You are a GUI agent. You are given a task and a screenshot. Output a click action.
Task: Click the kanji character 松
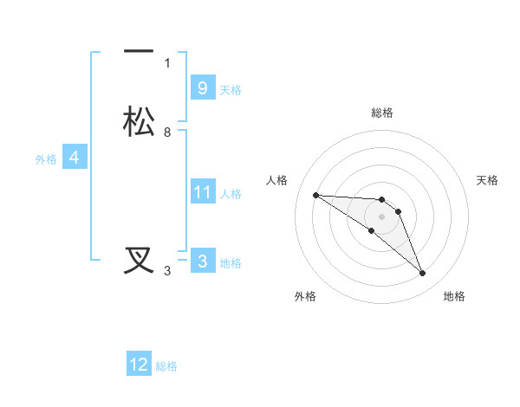click(x=140, y=120)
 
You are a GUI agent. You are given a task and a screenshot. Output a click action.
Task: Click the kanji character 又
click(x=140, y=261)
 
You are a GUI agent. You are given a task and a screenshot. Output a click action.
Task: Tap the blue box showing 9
click(x=202, y=87)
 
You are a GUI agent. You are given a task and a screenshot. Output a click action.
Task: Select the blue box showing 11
click(x=202, y=191)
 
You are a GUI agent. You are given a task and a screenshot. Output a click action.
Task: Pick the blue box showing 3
click(x=202, y=261)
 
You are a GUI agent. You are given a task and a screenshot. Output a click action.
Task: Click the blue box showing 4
click(x=75, y=158)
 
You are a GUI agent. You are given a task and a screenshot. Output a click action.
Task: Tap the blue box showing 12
click(x=139, y=365)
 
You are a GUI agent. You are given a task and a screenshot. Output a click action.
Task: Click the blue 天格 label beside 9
click(x=231, y=90)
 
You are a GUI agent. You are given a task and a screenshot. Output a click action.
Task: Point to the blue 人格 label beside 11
click(x=231, y=194)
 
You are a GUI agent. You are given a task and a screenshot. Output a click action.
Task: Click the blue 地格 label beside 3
click(x=231, y=263)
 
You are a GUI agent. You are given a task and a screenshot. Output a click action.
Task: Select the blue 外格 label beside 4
click(x=46, y=159)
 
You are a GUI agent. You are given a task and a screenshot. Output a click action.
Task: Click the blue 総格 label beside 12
click(x=166, y=367)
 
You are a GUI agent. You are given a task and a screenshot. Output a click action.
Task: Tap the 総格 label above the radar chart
click(x=381, y=113)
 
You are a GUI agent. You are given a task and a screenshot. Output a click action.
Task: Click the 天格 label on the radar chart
click(x=488, y=180)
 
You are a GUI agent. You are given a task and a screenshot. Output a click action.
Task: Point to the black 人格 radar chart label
click(x=276, y=180)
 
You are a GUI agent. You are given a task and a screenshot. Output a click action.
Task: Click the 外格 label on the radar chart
click(x=305, y=296)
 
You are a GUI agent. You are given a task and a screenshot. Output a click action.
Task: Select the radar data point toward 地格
click(x=423, y=274)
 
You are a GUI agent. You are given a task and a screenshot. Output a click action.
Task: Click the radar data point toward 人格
click(x=315, y=195)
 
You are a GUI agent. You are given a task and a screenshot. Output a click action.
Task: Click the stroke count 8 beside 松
click(x=167, y=132)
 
